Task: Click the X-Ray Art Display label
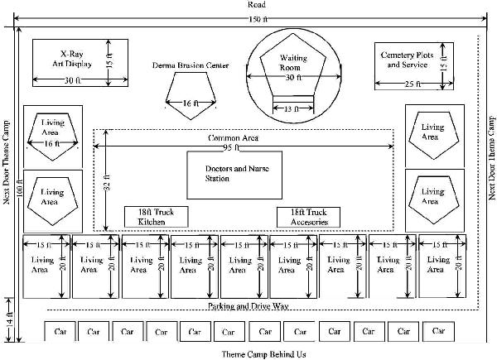[x=75, y=58]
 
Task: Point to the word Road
[x=258, y=6]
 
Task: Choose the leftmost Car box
[x=60, y=331]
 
